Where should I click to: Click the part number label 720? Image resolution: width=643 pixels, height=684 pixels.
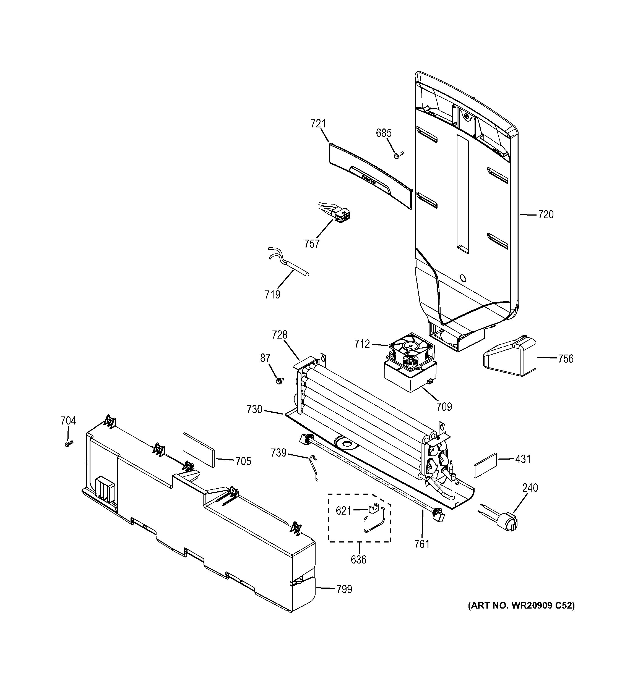click(x=546, y=215)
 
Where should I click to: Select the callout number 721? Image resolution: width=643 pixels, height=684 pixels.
click(x=318, y=124)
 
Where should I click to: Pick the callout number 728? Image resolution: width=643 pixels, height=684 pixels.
click(x=280, y=334)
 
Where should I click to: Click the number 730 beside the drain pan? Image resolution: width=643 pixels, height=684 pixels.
click(x=254, y=410)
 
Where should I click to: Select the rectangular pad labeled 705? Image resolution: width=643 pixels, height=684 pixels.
click(x=199, y=449)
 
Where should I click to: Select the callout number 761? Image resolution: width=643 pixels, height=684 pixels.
click(x=422, y=544)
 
